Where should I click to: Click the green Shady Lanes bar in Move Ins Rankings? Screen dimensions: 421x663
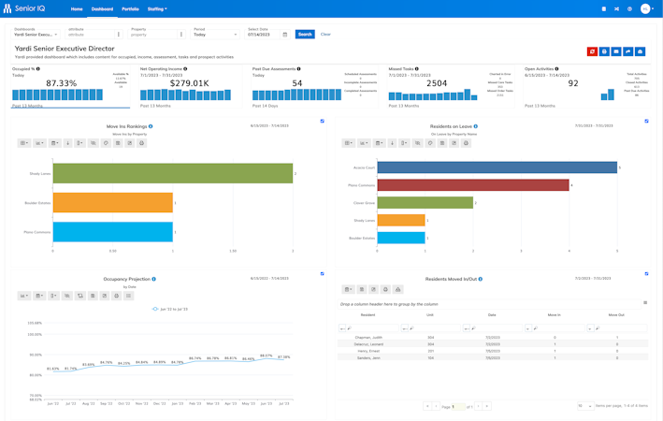pyautogui.click(x=173, y=173)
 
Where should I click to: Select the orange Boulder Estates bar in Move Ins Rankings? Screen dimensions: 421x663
pyautogui.click(x=113, y=202)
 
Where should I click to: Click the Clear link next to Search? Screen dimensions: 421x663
pyautogui.click(x=325, y=35)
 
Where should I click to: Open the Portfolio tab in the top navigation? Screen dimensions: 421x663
pyautogui.click(x=130, y=9)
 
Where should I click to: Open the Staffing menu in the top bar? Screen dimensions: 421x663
pyautogui.click(x=157, y=9)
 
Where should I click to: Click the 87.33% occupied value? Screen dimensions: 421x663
pyautogui.click(x=62, y=83)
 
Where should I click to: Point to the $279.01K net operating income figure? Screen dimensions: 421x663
pyautogui.click(x=188, y=83)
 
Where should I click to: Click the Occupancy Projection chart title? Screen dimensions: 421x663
pyautogui.click(x=127, y=279)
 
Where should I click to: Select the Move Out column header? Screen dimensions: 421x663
pyautogui.click(x=615, y=315)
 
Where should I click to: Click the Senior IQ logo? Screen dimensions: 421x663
pyautogui.click(x=26, y=9)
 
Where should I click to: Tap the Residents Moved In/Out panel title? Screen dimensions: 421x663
pyautogui.click(x=451, y=279)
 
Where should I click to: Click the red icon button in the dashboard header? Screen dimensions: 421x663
pyautogui.click(x=592, y=51)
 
